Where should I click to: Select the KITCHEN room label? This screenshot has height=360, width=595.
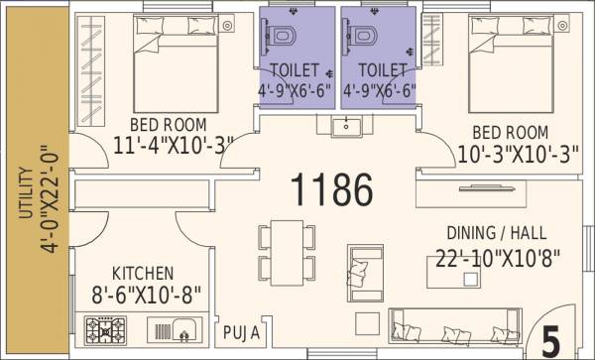[x=143, y=273]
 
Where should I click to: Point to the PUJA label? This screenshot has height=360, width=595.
[x=242, y=332]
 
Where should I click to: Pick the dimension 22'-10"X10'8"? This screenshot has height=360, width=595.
[x=499, y=259]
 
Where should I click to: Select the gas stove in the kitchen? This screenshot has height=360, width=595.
[x=103, y=329]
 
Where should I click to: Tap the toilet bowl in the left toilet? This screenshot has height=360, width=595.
[x=284, y=37]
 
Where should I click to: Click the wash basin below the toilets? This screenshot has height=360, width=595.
[x=346, y=127]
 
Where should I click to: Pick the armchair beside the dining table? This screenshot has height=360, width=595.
[x=360, y=265]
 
